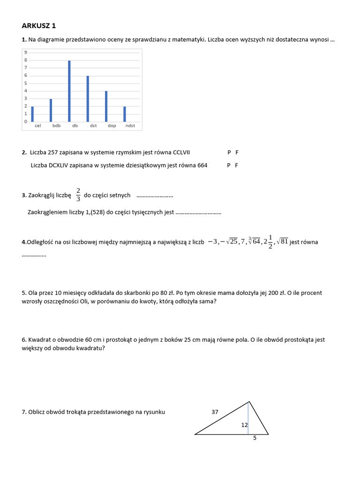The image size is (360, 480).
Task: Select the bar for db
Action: (x=69, y=91)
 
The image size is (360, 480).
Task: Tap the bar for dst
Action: (x=88, y=98)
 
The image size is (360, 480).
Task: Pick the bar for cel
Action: (x=32, y=114)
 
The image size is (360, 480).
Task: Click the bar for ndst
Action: (x=125, y=114)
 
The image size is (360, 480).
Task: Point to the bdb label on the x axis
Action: (x=56, y=126)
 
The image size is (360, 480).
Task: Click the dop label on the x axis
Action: (x=112, y=126)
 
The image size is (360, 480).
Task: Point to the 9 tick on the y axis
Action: (x=25, y=52)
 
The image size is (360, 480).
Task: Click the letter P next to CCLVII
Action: (x=229, y=152)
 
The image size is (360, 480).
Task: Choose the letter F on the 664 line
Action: (x=237, y=165)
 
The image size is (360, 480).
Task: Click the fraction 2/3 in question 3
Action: (x=78, y=195)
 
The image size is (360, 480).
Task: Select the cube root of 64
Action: (x=254, y=241)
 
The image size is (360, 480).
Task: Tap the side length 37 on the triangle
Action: (x=215, y=412)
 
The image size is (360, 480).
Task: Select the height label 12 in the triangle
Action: (x=244, y=425)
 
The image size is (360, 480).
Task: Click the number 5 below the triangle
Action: (x=255, y=439)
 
